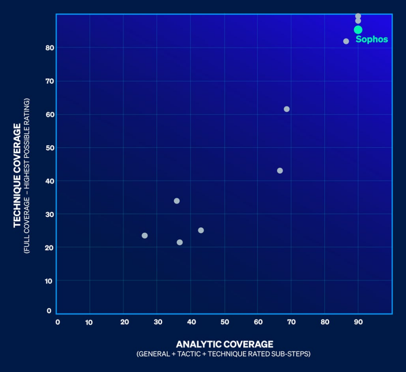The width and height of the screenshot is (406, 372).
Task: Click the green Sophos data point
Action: [x=358, y=30]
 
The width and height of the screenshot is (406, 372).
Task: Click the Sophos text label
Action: [x=372, y=39]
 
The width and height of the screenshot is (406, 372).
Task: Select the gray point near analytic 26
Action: [x=145, y=236]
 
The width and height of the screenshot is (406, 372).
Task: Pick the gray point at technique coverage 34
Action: [x=177, y=201]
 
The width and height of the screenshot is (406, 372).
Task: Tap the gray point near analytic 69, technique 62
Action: [x=287, y=109]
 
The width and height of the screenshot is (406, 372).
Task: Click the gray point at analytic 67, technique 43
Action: [x=280, y=171]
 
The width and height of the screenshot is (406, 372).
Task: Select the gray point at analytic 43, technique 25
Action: [x=201, y=230]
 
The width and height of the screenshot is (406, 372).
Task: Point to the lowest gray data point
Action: [x=180, y=242]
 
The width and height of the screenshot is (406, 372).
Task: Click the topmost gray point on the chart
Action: [x=358, y=16]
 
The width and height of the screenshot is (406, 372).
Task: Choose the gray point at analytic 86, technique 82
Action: [x=346, y=41]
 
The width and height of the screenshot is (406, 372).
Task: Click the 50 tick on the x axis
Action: [x=225, y=322]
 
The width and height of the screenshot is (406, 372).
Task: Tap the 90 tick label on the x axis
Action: [x=358, y=322]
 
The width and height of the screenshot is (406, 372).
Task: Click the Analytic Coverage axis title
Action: [x=224, y=344]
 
